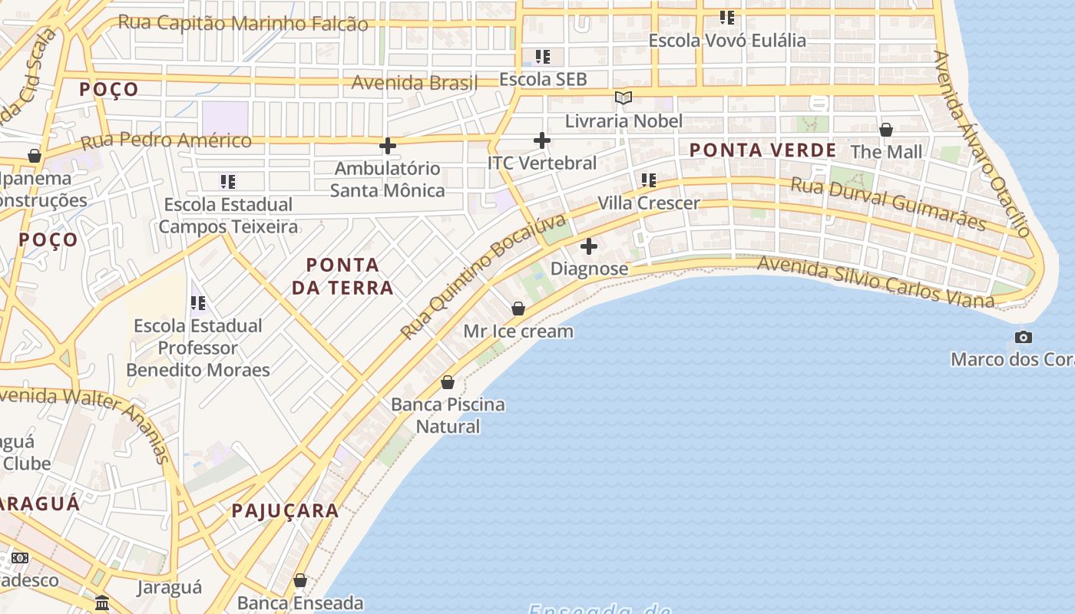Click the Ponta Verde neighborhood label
(x=762, y=150)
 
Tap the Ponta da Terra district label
(x=349, y=276)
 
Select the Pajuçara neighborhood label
(x=285, y=510)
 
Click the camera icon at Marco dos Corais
(x=1023, y=337)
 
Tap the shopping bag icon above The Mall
(x=886, y=130)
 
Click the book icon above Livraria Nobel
(x=623, y=98)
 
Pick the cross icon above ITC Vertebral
(x=542, y=140)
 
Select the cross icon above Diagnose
(x=589, y=246)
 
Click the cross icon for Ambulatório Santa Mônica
(x=388, y=145)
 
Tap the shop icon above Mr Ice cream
(x=518, y=309)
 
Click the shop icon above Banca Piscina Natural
(x=448, y=382)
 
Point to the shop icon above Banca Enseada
(x=300, y=580)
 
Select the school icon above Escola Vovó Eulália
(x=726, y=18)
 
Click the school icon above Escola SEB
(x=543, y=57)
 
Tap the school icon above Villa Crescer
(x=649, y=180)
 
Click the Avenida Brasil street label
(x=414, y=82)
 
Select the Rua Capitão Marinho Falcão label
(x=243, y=23)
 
